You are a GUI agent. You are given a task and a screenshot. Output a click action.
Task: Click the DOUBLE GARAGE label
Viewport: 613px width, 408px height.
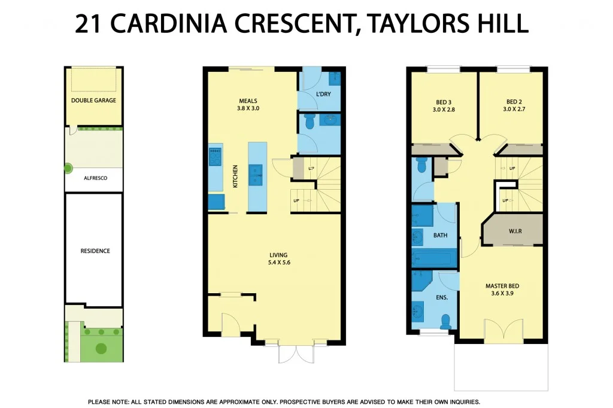(93, 101)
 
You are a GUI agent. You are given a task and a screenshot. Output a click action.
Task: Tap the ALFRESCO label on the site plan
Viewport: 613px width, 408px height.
(95, 178)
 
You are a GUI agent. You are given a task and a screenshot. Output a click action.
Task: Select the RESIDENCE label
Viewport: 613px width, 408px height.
(95, 251)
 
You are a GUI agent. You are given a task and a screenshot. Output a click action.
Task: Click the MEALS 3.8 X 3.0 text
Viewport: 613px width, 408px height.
(248, 105)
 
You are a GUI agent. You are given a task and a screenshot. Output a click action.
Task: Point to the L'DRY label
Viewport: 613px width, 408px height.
(323, 95)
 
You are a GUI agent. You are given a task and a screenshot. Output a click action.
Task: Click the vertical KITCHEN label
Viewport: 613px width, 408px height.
(235, 176)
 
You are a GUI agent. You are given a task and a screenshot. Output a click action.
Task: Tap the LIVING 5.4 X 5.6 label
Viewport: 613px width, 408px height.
(280, 258)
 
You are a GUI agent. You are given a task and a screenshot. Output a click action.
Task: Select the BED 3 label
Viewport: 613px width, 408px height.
(444, 105)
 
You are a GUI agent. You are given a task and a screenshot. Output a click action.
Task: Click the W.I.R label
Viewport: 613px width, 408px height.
(515, 230)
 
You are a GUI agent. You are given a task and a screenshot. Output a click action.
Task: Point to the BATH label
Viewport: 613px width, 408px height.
(440, 235)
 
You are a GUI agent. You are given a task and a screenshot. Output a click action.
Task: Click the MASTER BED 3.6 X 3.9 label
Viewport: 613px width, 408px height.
(502, 290)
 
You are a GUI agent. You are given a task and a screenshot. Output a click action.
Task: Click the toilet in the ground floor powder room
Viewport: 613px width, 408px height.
(309, 122)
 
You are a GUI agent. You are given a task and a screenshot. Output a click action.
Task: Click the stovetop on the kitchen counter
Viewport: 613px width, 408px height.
(215, 157)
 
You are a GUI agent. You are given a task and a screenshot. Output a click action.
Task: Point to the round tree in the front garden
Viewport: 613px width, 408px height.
(101, 348)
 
